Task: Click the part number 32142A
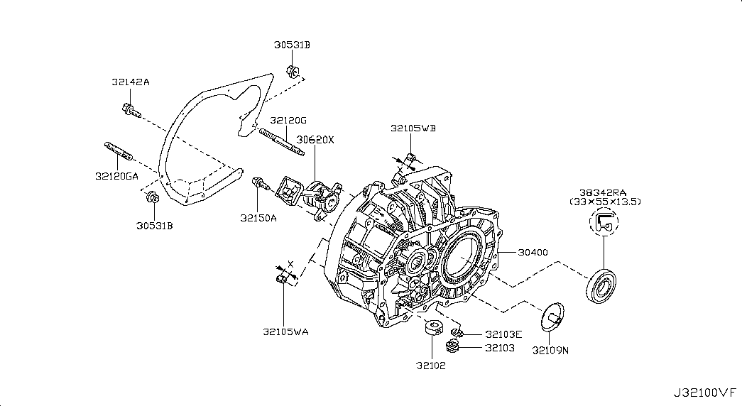click(130, 82)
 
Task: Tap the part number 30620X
click(315, 140)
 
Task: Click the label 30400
click(533, 252)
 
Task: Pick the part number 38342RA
click(604, 192)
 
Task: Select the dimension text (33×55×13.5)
click(606, 202)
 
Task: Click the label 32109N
click(550, 349)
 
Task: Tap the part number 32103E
click(504, 334)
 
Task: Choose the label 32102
click(432, 366)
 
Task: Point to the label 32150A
click(258, 218)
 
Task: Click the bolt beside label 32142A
click(131, 110)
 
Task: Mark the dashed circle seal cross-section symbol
click(604, 224)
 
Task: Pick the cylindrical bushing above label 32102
click(432, 331)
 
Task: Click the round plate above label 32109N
click(551, 316)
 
